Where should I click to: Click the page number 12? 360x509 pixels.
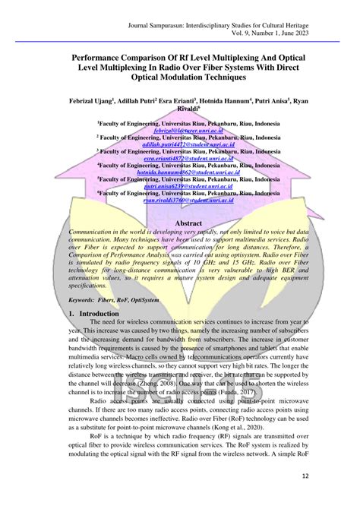[x=326, y=477]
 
